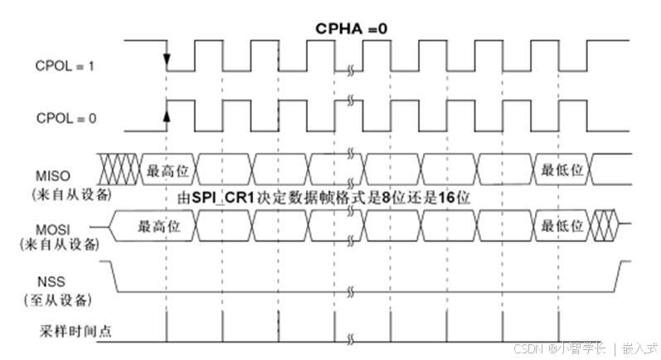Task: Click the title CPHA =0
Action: [x=352, y=28]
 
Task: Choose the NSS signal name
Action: [x=56, y=282]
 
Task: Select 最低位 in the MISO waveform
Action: [x=563, y=169]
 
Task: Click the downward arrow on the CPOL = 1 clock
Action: [x=167, y=61]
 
